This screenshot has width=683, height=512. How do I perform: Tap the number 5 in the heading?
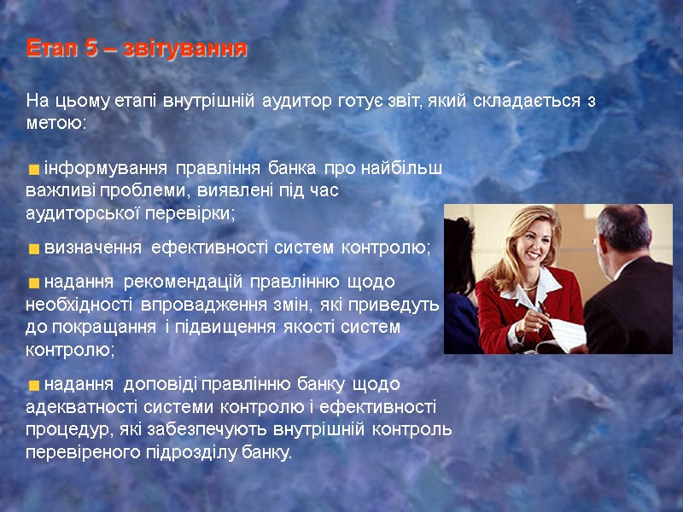pos(91,49)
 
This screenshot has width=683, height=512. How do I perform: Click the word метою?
pos(56,124)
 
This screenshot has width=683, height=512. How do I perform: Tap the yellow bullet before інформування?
pos(33,168)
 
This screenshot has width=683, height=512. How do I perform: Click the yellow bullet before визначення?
pos(33,249)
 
